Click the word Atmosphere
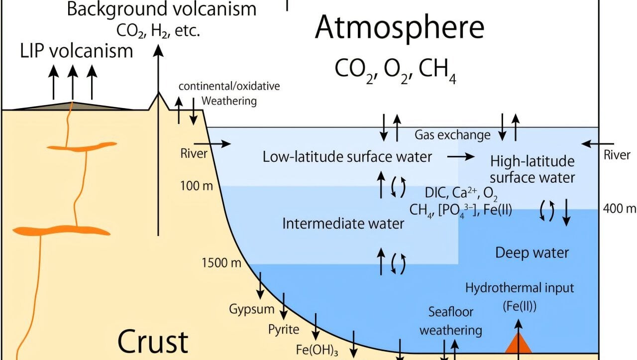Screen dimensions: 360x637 pyautogui.click(x=400, y=27)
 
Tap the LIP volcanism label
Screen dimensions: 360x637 pyautogui.click(x=77, y=51)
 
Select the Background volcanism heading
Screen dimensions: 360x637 pyautogui.click(x=162, y=9)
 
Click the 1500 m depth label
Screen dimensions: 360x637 pyautogui.click(x=221, y=263)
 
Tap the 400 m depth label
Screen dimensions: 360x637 pyautogui.click(x=620, y=208)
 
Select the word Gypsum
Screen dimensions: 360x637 pyautogui.click(x=251, y=309)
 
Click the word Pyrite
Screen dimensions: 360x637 pyautogui.click(x=284, y=329)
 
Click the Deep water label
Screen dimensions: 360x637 pyautogui.click(x=531, y=252)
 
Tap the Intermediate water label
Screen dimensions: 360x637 pyautogui.click(x=343, y=224)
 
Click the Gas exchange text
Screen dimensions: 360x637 pyautogui.click(x=452, y=135)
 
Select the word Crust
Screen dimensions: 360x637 pyautogui.click(x=153, y=342)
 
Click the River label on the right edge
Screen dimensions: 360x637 pyautogui.click(x=617, y=155)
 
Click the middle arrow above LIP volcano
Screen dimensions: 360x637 pyautogui.click(x=73, y=82)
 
